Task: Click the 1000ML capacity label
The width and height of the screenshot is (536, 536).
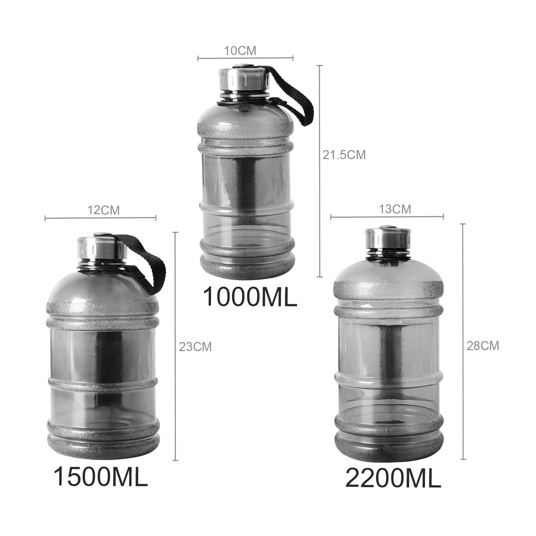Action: pyautogui.click(x=250, y=296)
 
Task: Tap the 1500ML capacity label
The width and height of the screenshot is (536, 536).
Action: pyautogui.click(x=101, y=477)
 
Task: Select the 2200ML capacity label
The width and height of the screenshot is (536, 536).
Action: pyautogui.click(x=393, y=479)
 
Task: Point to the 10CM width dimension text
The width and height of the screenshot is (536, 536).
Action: pyautogui.click(x=240, y=51)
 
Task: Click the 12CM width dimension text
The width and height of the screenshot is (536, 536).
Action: pyautogui.click(x=103, y=210)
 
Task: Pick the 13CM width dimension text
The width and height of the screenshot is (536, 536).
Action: pyautogui.click(x=395, y=209)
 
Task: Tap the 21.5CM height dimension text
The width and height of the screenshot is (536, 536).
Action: pyautogui.click(x=344, y=155)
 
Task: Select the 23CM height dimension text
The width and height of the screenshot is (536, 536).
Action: pyautogui.click(x=195, y=347)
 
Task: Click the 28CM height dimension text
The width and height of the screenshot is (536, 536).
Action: pyautogui.click(x=483, y=346)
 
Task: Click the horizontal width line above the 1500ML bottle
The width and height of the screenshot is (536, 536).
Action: pyautogui.click(x=100, y=218)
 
